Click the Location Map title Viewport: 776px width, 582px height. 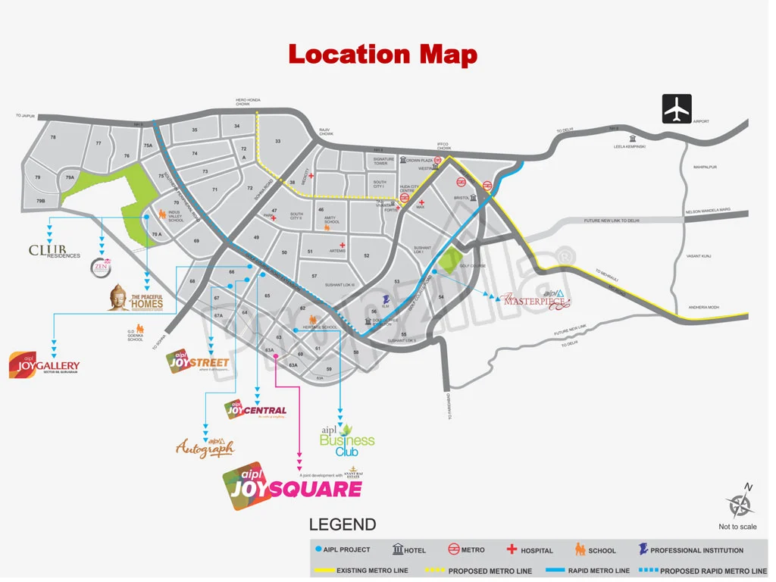383,55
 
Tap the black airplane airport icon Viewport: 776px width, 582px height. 677,108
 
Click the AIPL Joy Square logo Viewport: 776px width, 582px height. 292,486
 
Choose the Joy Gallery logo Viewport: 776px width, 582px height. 44,366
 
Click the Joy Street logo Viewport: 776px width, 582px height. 198,362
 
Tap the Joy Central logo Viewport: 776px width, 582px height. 256,411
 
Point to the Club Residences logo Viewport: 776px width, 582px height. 54,251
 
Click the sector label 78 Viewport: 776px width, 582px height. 53,137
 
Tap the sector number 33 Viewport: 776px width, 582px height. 278,142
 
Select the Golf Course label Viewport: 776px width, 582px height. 473,266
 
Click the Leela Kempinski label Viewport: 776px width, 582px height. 629,147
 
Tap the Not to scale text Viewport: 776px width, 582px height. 737,527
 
